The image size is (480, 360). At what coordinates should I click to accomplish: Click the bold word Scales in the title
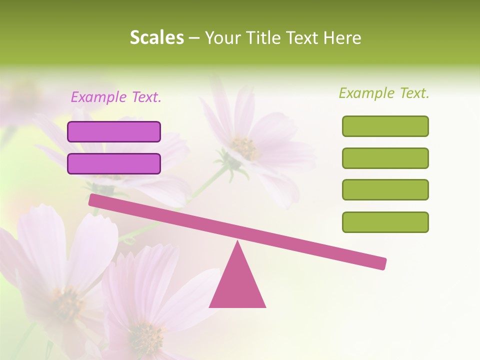coord(157,38)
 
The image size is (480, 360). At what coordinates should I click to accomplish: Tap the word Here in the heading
coord(342,38)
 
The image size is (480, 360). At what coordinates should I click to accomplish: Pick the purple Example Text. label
coord(116,97)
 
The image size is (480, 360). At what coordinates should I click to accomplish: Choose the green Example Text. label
coord(384,93)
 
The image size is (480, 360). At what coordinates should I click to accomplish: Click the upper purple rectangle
coord(114,131)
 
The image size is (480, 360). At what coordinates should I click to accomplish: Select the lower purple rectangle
coord(114,163)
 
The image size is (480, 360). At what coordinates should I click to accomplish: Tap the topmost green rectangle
coord(385,126)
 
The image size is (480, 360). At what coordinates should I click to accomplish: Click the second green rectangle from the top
coord(385,158)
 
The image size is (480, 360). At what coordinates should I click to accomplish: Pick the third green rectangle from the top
coord(385,189)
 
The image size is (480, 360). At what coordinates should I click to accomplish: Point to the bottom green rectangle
coord(385,222)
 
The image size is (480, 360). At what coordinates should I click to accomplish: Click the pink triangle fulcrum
coord(237,285)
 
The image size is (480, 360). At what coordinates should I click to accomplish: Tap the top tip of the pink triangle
coord(237,242)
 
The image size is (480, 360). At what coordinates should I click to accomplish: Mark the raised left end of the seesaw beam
coord(93,200)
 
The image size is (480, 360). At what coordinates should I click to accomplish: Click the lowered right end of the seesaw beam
coord(382,263)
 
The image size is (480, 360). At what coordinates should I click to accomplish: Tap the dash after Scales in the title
coord(194,38)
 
